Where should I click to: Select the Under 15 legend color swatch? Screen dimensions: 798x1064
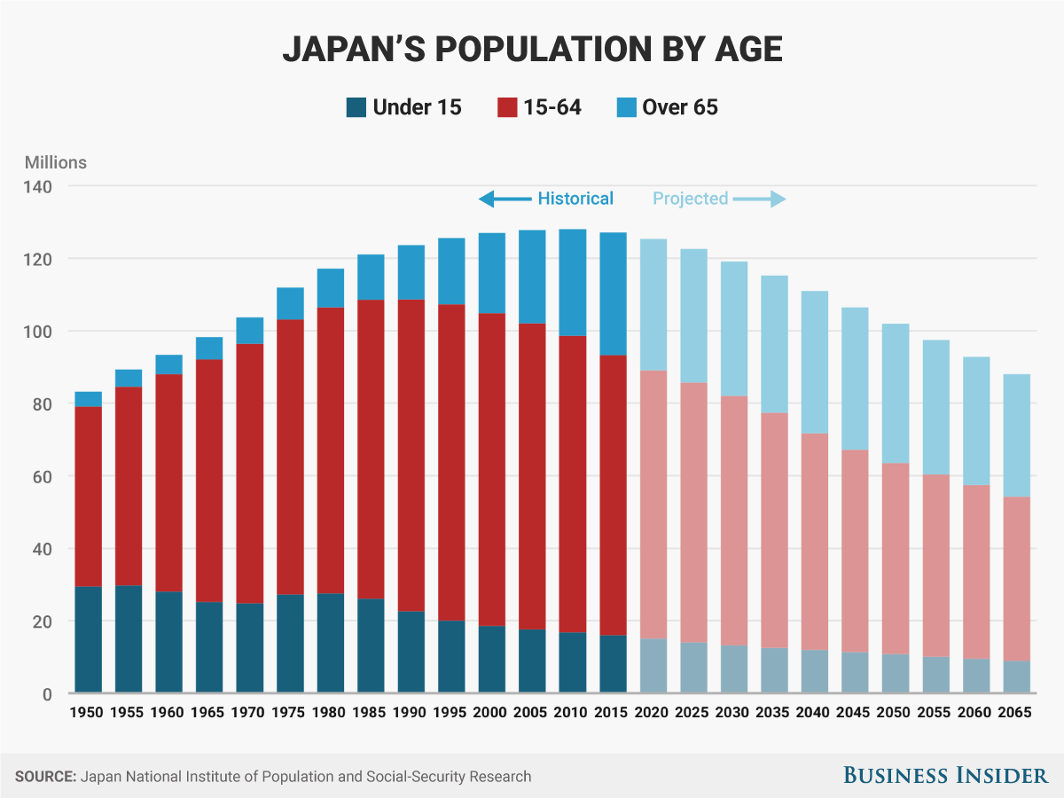[356, 108]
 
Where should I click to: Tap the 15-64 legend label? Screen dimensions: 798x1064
[552, 108]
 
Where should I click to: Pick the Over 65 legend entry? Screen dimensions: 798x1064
[679, 108]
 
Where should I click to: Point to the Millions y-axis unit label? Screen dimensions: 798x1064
[56, 162]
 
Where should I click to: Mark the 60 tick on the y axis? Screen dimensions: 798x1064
[43, 476]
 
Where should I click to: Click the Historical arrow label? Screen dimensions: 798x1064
[575, 199]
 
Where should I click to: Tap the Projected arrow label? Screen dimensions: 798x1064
[690, 199]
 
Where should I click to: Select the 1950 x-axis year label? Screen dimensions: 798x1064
[88, 713]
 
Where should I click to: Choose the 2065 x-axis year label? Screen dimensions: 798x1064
[1013, 713]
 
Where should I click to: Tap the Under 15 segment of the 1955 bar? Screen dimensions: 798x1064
[129, 638]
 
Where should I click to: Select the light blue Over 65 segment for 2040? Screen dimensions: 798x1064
[814, 362]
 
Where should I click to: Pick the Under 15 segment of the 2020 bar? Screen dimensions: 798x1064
[653, 665]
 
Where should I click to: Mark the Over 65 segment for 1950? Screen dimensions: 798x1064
[88, 399]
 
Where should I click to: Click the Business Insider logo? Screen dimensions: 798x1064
[944, 776]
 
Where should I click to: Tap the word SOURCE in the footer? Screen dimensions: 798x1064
[45, 777]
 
